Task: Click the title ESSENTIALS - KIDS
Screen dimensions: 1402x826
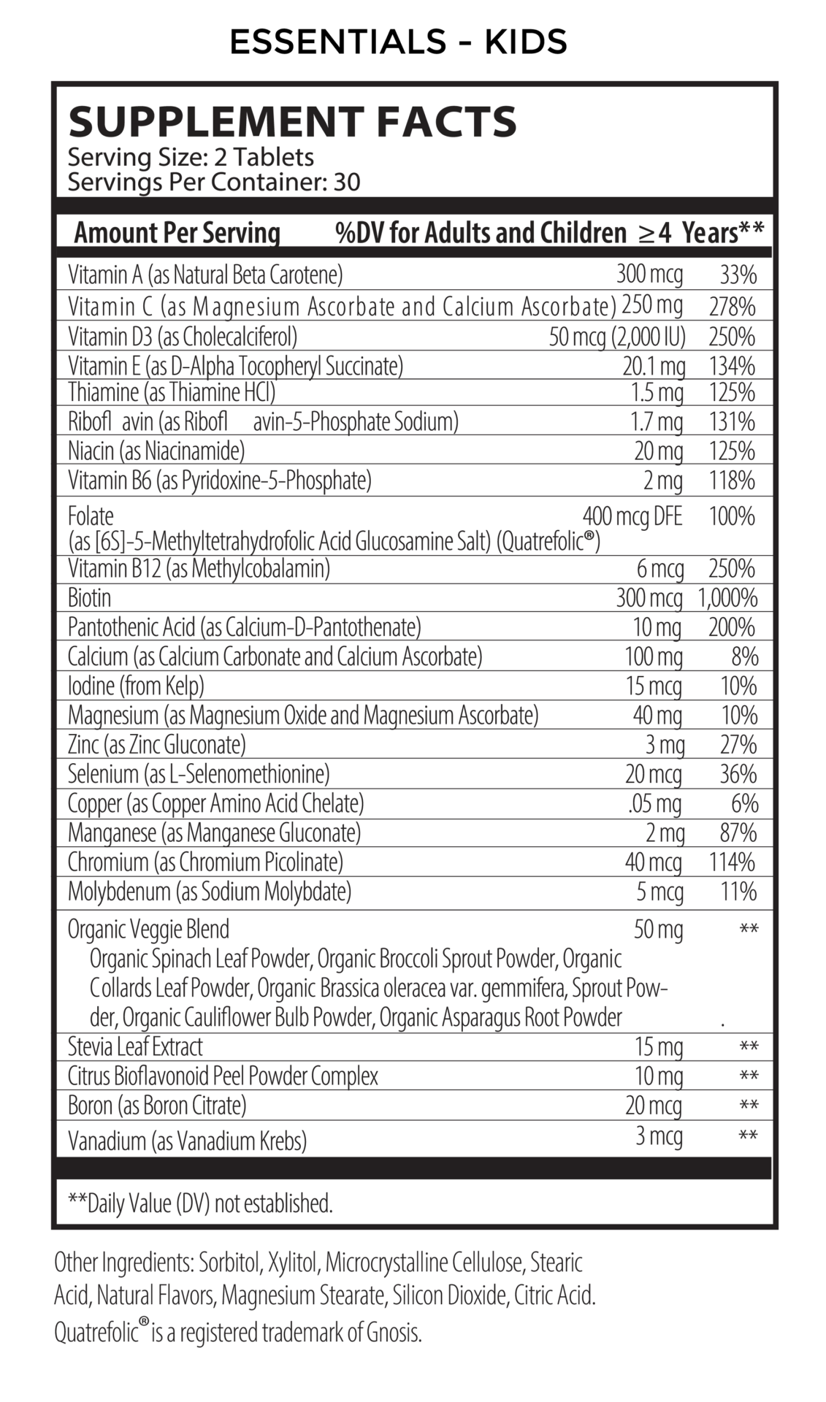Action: [398, 42]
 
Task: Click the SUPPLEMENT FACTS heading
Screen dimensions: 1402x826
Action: [292, 122]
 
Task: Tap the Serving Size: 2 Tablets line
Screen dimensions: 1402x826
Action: [191, 157]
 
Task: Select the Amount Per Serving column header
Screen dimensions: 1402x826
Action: [177, 233]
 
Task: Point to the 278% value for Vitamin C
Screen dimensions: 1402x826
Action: [732, 306]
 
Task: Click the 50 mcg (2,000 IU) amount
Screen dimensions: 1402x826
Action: [616, 337]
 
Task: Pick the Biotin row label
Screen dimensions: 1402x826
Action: [90, 598]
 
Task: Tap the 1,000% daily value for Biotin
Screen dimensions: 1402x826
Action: [727, 598]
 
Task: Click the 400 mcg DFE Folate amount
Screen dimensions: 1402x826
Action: [632, 517]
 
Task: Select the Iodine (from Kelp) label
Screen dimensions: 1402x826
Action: [136, 686]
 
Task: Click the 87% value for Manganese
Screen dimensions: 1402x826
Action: [738, 832]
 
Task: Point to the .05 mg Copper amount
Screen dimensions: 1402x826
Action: [654, 803]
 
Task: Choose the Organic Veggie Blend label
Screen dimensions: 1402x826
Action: [148, 929]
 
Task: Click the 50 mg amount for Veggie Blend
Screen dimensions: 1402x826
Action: [658, 929]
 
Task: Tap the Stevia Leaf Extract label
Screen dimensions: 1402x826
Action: [135, 1046]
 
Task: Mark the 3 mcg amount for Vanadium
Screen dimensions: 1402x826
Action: [659, 1135]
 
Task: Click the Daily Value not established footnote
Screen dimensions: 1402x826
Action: [200, 1203]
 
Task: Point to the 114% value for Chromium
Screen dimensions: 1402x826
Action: [732, 862]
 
